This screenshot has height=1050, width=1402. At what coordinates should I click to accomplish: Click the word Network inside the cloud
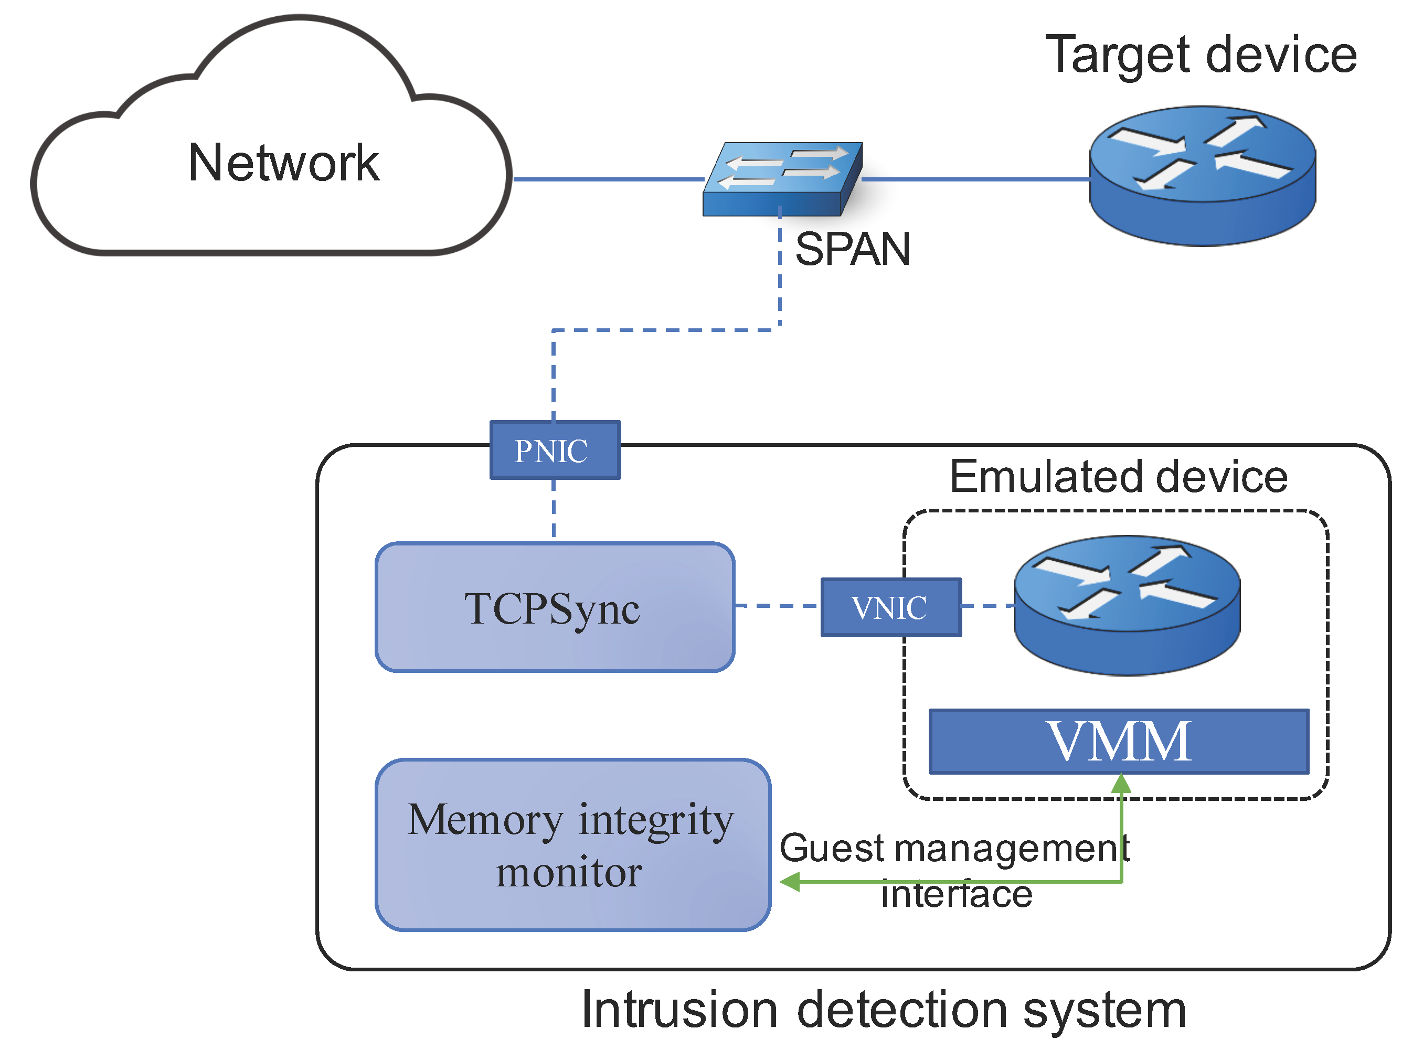[x=283, y=163]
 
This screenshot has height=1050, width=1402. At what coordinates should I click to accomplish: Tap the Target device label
[x=1201, y=55]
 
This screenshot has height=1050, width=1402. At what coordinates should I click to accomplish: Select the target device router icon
[x=1202, y=176]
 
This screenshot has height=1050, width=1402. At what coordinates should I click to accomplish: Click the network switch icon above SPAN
[x=783, y=179]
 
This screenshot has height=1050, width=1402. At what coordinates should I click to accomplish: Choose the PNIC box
[x=555, y=451]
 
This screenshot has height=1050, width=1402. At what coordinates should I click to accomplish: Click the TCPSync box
[x=555, y=607]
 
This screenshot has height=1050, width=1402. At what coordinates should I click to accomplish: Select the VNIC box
[x=890, y=607]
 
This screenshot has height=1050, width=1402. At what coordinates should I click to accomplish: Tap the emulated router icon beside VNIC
[x=1127, y=605]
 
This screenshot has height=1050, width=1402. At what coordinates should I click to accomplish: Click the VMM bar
[x=1119, y=742]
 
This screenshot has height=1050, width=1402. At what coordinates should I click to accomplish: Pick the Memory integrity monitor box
[x=572, y=845]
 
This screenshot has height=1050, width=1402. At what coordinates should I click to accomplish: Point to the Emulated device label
[x=1119, y=477]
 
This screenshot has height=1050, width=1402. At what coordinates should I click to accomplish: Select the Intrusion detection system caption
[x=884, y=1010]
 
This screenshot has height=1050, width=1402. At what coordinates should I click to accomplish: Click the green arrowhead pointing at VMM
[x=1121, y=785]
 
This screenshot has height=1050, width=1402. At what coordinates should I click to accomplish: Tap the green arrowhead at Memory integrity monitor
[x=790, y=882]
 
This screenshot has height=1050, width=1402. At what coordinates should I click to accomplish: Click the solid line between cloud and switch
[x=609, y=179]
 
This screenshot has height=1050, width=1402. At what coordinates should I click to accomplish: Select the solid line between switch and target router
[x=976, y=179]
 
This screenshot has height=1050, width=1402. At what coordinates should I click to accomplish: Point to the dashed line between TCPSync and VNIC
[x=778, y=606]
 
